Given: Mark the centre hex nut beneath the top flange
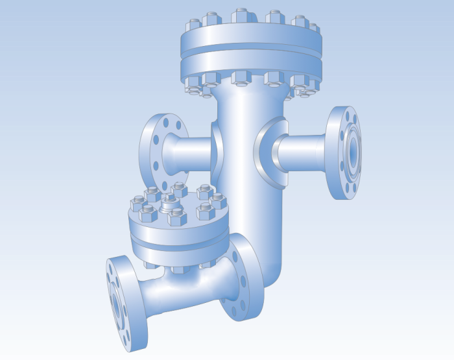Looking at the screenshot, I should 239,78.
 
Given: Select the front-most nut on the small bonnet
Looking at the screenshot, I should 176,217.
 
